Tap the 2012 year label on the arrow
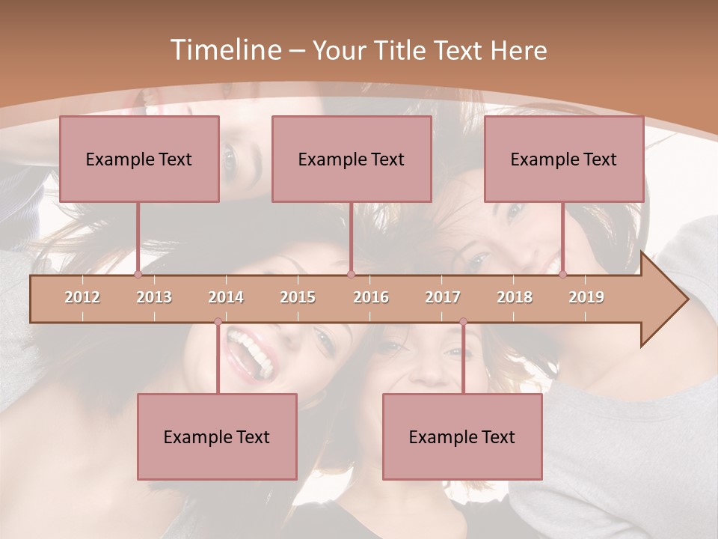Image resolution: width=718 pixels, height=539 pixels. [82, 297]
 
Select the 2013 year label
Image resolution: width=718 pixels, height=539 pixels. [154, 297]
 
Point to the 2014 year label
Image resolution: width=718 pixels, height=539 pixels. [226, 297]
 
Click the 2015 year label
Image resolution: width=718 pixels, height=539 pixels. [298, 297]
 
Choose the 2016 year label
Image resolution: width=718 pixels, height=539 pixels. [371, 297]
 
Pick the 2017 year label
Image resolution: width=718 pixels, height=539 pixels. [443, 297]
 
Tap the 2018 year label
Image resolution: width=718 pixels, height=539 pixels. [515, 297]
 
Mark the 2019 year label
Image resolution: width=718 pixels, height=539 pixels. [586, 297]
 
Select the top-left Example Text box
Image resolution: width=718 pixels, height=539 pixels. [139, 159]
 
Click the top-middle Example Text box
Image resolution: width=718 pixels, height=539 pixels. [352, 159]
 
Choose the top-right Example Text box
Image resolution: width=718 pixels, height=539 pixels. [564, 159]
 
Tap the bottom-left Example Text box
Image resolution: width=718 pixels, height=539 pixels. [217, 436]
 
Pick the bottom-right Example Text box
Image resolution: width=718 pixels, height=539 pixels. [462, 436]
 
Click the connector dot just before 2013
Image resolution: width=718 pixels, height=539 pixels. [138, 274]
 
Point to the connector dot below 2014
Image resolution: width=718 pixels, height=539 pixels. [218, 321]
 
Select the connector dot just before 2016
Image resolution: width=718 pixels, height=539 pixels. [351, 274]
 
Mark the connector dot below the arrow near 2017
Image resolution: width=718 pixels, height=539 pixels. [463, 321]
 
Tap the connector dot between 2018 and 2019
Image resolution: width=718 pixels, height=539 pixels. [562, 274]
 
